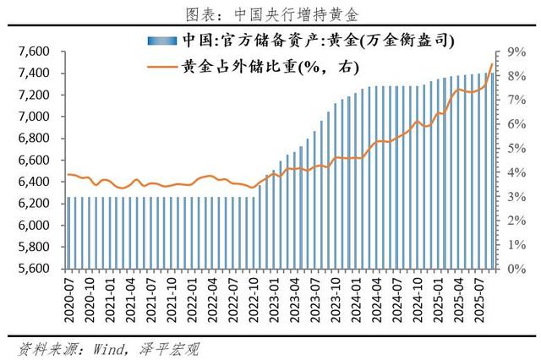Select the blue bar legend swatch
[x=161, y=40]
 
